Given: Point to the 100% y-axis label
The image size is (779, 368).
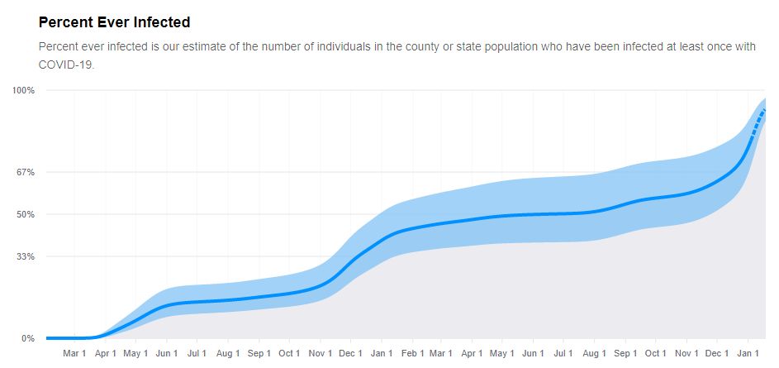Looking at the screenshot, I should point(23,90).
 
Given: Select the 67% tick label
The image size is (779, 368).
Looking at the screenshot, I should point(25,173).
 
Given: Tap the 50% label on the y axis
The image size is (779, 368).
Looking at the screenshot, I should point(25,215).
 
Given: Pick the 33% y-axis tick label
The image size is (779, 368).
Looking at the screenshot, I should point(25,256).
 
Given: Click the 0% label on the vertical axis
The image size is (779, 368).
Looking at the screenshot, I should point(27,338).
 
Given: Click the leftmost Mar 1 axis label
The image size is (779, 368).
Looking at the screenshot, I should point(74,354).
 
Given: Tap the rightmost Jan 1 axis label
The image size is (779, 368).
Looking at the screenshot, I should point(748,354).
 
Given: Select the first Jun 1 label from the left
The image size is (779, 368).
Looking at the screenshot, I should point(167,354).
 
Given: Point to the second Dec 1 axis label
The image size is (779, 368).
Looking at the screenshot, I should point(717,354).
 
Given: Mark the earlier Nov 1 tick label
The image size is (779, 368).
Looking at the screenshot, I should point(320,354).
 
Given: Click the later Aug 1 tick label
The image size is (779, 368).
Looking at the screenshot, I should point(594,354).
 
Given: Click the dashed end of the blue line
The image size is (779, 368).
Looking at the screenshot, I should point(759,117).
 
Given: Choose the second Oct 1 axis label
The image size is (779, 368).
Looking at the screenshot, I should point(656,354).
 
